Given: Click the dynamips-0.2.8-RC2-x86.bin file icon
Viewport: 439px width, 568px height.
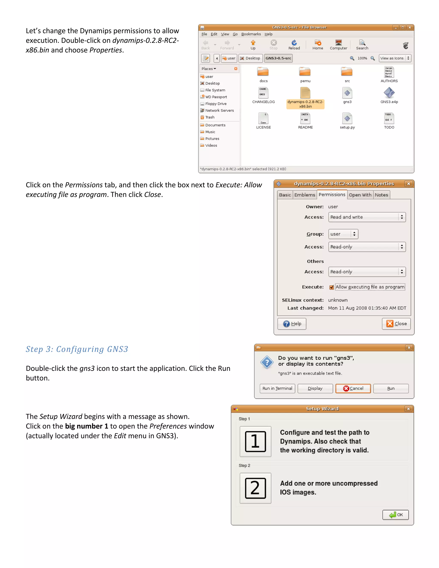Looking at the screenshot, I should coord(305,93).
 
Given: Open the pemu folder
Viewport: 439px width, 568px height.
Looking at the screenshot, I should coord(305,72).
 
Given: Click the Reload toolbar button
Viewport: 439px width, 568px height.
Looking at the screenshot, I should coord(294,44).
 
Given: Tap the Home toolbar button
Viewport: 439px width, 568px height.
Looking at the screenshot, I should coord(317,44).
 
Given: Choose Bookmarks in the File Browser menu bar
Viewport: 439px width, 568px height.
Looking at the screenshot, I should coord(251,34).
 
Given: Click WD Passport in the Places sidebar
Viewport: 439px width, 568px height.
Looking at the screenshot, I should coord(216,97).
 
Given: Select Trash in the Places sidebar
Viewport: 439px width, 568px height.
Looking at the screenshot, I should coord(210,117).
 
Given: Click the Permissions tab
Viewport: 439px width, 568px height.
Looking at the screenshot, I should coord(332,195).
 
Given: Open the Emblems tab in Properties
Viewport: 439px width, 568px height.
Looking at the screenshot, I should coord(304,195).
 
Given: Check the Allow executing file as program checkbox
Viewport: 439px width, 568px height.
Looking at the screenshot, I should coord(332,287).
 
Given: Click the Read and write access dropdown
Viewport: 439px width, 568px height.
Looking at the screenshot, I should coord(367,217).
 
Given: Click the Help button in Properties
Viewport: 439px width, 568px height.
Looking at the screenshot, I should coord(292,323).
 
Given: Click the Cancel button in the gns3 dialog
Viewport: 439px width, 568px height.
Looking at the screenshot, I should coord(353,388).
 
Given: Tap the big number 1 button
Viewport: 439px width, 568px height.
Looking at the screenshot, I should coord(255,441).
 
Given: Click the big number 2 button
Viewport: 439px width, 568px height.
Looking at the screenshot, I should coord(255,488).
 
